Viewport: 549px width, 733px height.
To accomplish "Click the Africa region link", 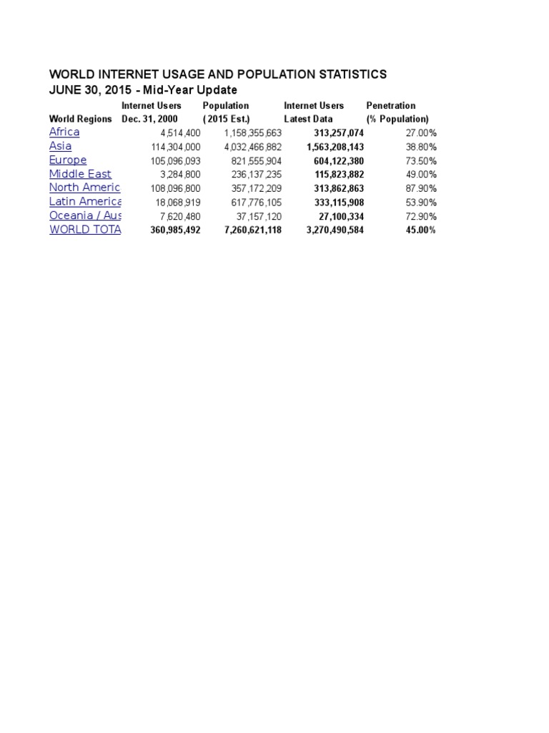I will coord(64,132).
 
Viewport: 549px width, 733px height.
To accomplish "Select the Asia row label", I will coord(60,146).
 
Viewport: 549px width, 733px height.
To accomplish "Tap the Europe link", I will coord(68,160).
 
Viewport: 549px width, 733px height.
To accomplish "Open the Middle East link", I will coord(80,174).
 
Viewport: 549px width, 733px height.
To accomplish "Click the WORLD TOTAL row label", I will coord(84,230).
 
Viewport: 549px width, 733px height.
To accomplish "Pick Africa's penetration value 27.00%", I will coord(421,133).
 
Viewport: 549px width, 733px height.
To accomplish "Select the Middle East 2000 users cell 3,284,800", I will coord(175,175).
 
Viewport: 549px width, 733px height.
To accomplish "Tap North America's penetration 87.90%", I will coord(421,188).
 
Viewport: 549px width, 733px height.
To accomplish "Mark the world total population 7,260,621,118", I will coord(242,230).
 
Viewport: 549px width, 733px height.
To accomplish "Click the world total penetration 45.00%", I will coord(421,230).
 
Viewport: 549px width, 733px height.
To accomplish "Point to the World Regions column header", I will coord(80,119).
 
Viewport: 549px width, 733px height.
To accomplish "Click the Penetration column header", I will coord(390,105).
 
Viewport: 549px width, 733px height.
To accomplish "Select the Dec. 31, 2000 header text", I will coord(150,119).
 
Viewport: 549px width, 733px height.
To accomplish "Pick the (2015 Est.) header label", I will coord(226,119).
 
